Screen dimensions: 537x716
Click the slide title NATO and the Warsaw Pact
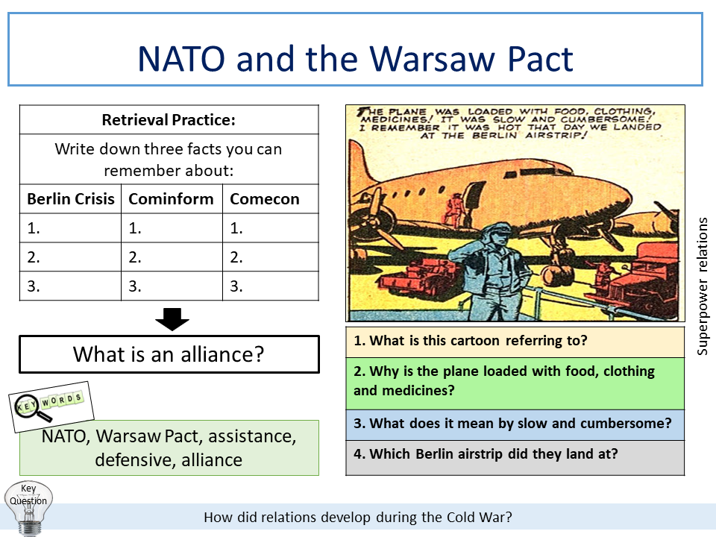pyautogui.click(x=355, y=59)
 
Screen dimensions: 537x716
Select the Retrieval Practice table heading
pyautogui.click(x=169, y=120)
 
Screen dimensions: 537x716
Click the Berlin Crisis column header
pyautogui.click(x=71, y=199)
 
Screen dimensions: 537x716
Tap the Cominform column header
pyautogui.click(x=171, y=199)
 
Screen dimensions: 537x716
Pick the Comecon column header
pyautogui.click(x=265, y=199)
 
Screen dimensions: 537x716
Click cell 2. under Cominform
pyautogui.click(x=171, y=257)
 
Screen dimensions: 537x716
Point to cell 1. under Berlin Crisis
pyautogui.click(x=71, y=228)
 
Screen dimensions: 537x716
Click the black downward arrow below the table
pyautogui.click(x=172, y=320)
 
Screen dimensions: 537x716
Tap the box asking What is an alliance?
pyautogui.click(x=169, y=354)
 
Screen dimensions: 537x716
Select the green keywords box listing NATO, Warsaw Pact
pyautogui.click(x=169, y=447)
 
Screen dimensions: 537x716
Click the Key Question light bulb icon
pyautogui.click(x=28, y=506)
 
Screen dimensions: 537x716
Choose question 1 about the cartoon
pyautogui.click(x=515, y=342)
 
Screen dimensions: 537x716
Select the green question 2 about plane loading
pyautogui.click(x=515, y=381)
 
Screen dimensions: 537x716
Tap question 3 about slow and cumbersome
pyautogui.click(x=515, y=424)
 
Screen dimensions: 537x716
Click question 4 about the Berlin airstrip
pyautogui.click(x=515, y=454)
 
